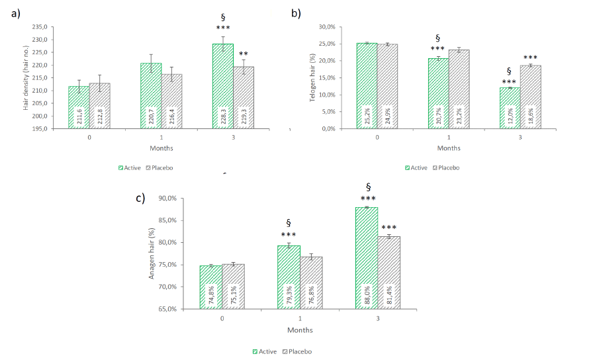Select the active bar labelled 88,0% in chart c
point(366,258)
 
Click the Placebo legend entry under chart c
point(297,351)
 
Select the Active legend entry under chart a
point(128,168)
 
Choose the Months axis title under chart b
point(449,148)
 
